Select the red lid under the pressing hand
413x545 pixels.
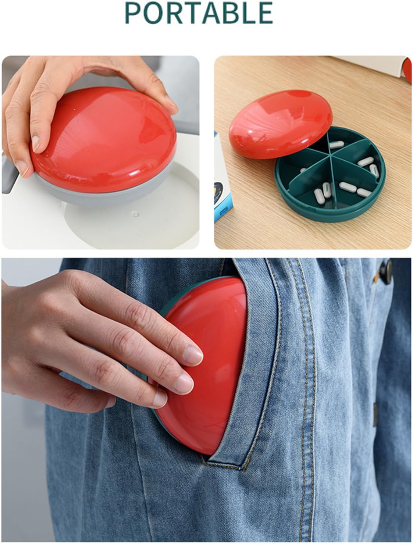[x=107, y=140]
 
